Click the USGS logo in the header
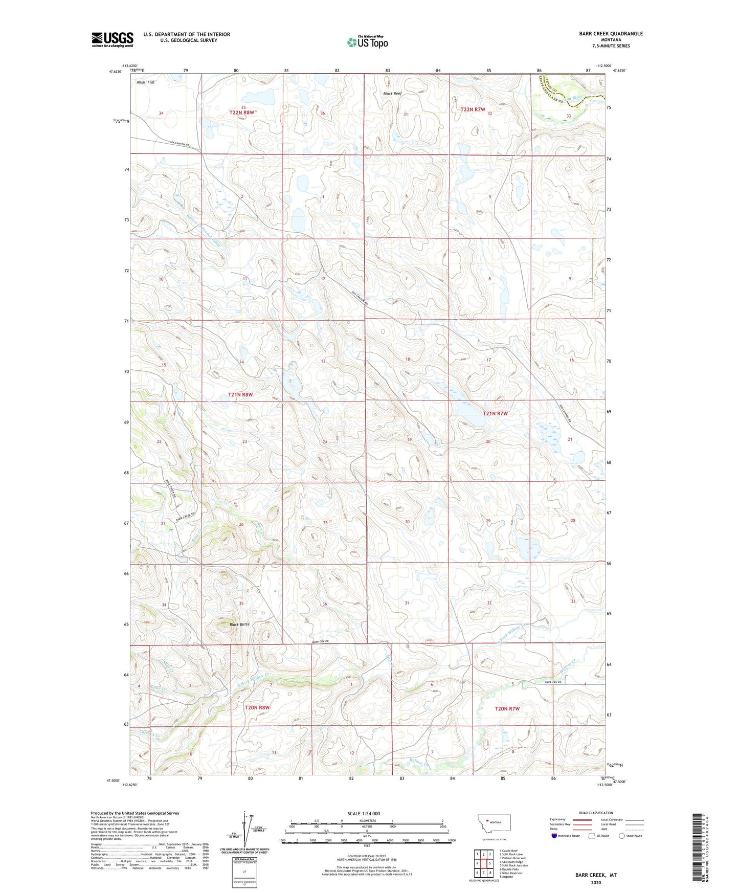[x=113, y=39]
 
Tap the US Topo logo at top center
[x=367, y=42]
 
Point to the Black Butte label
[x=239, y=624]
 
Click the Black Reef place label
[x=392, y=94]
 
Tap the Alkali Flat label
[x=145, y=82]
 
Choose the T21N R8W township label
[x=240, y=395]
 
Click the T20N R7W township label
[x=507, y=708]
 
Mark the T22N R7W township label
[x=473, y=109]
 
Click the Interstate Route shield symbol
[x=554, y=836]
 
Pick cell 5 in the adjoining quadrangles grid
[x=490, y=863]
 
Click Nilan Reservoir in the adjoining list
[x=512, y=873]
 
